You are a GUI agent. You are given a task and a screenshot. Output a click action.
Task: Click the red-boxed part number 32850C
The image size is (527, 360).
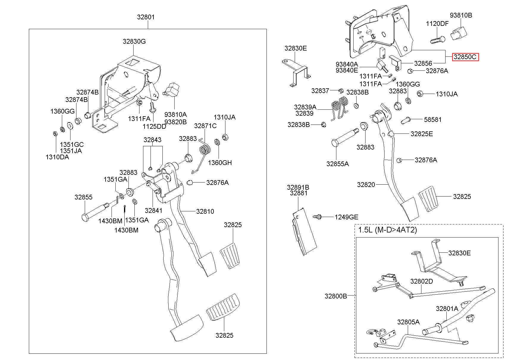click(x=465, y=57)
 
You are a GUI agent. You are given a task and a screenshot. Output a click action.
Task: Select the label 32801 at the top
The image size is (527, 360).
click(x=146, y=17)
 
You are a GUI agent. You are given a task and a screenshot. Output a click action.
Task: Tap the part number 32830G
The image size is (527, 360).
click(x=134, y=42)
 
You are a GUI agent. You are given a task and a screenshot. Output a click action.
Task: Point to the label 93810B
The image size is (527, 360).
click(x=461, y=15)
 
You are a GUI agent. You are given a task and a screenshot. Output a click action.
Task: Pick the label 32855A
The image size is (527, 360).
click(x=338, y=164)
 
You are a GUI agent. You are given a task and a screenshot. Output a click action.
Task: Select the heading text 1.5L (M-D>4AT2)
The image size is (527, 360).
click(x=388, y=230)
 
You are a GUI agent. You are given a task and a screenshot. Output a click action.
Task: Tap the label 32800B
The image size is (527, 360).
click(x=336, y=296)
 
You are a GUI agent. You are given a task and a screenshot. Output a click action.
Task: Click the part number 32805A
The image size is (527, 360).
click(x=408, y=322)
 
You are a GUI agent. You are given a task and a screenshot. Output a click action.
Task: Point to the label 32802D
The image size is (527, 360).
click(x=422, y=281)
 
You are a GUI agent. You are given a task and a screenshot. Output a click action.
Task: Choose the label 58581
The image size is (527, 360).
click(x=433, y=120)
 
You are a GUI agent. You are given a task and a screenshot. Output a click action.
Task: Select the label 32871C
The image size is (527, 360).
click(x=205, y=126)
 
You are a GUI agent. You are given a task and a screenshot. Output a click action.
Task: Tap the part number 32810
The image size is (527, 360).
click(x=205, y=211)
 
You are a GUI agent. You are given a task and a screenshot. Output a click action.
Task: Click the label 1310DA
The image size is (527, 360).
click(x=57, y=157)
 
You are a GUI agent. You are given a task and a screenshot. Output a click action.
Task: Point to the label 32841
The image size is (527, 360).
click(x=153, y=210)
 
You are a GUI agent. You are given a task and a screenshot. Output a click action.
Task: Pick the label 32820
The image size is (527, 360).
click(x=366, y=185)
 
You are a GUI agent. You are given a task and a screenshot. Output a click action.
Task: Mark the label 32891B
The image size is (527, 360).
click(x=298, y=187)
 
